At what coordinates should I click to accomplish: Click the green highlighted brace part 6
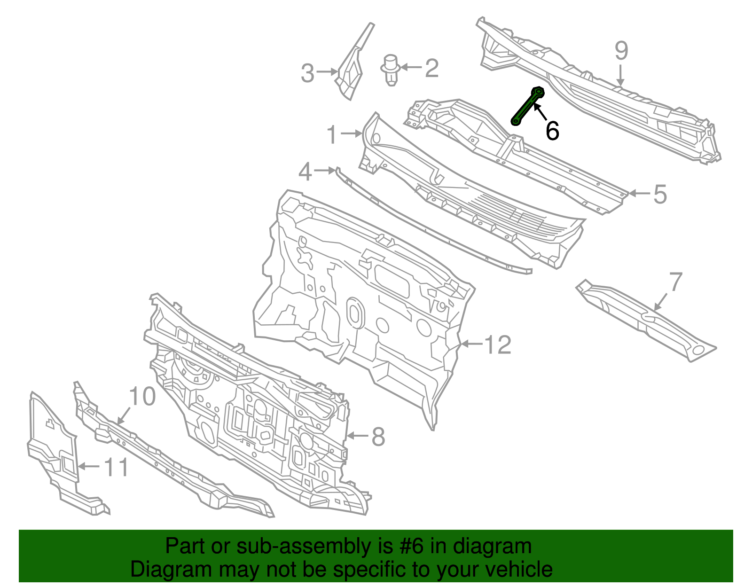pos(527,107)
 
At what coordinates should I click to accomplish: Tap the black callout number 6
pos(552,131)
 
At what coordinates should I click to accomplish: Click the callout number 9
pos(621,50)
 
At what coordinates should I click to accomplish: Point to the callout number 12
pos(498,345)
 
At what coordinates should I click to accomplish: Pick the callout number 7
pos(675,282)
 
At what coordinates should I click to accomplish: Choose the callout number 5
pos(660,194)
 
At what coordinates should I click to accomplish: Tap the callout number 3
pos(307,74)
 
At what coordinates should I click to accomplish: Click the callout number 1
pos(332,135)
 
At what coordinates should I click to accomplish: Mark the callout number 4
pos(305,172)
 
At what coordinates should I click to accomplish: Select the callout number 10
pos(142,397)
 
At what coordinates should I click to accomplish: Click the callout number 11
pos(116,467)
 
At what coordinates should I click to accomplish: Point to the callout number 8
pos(378,437)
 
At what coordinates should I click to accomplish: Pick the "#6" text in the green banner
pos(412,547)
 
